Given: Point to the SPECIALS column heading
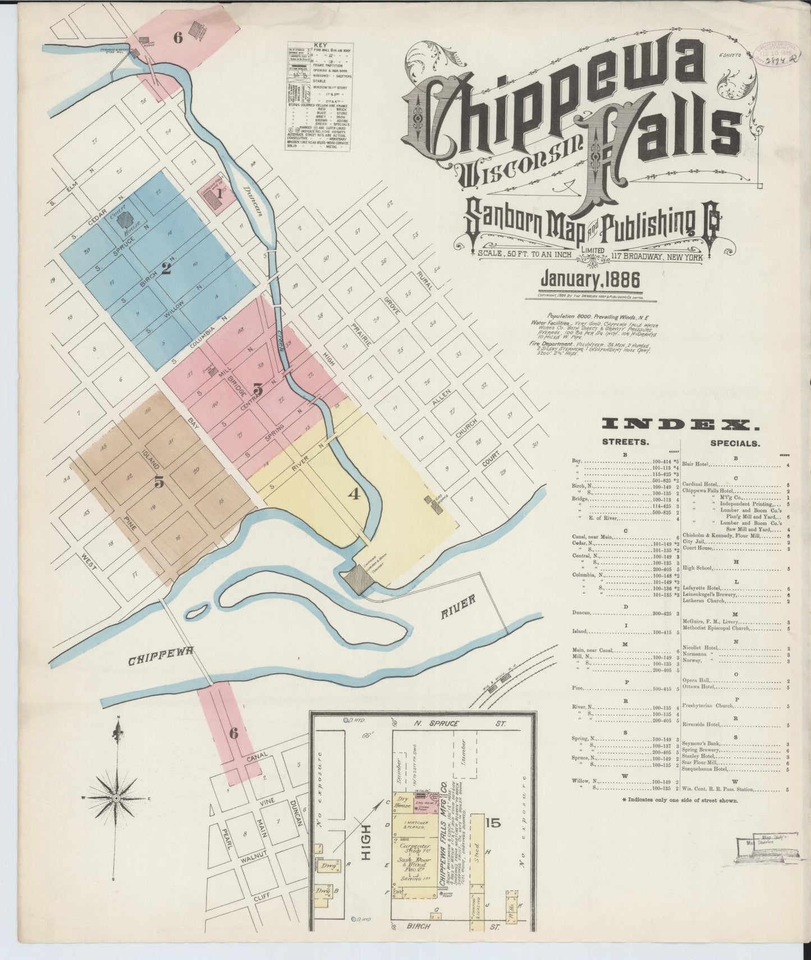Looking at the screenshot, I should click(735, 443).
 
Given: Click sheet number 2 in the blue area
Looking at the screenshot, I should click(166, 268).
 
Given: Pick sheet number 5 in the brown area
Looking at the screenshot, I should click(159, 482).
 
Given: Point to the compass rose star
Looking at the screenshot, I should click(116, 798).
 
